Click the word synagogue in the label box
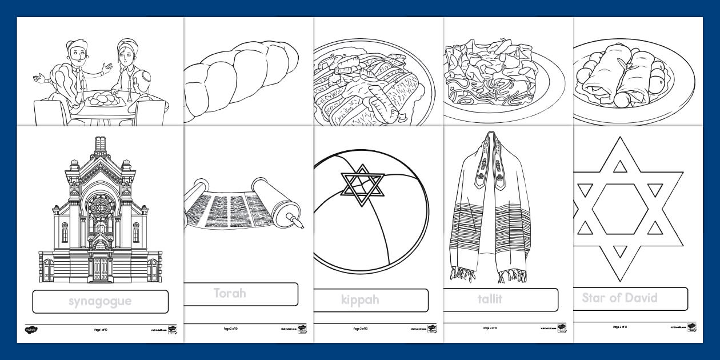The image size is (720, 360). point(100,301)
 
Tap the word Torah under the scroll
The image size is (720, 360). point(230,293)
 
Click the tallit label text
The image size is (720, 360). point(490,298)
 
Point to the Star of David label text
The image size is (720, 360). point(619,298)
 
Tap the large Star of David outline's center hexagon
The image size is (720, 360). point(620,209)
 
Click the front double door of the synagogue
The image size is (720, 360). point(101,267)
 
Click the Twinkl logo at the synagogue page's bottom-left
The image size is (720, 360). point(30,329)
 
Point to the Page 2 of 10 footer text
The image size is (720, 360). point(230,329)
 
